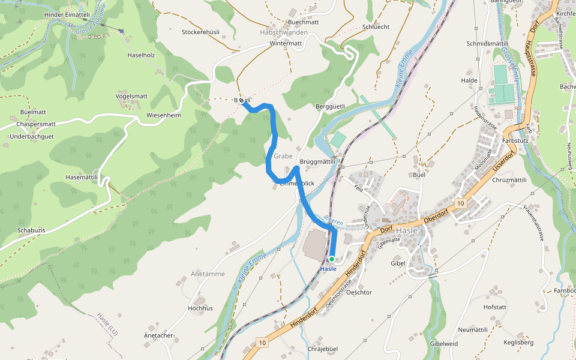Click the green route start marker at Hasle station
[331, 259]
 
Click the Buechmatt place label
[303, 22]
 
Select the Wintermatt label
[286, 44]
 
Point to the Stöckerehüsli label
[200, 32]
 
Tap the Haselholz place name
[142, 55]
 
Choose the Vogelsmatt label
[131, 96]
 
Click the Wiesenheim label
[164, 115]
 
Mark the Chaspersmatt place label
[36, 124]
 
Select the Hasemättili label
[82, 178]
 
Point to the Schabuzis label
[32, 230]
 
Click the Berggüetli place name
[330, 106]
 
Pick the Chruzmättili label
[509, 180]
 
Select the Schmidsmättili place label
[487, 44]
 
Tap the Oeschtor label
[359, 293]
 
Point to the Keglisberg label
[518, 343]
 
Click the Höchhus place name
[200, 308]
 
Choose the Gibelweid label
[443, 343]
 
